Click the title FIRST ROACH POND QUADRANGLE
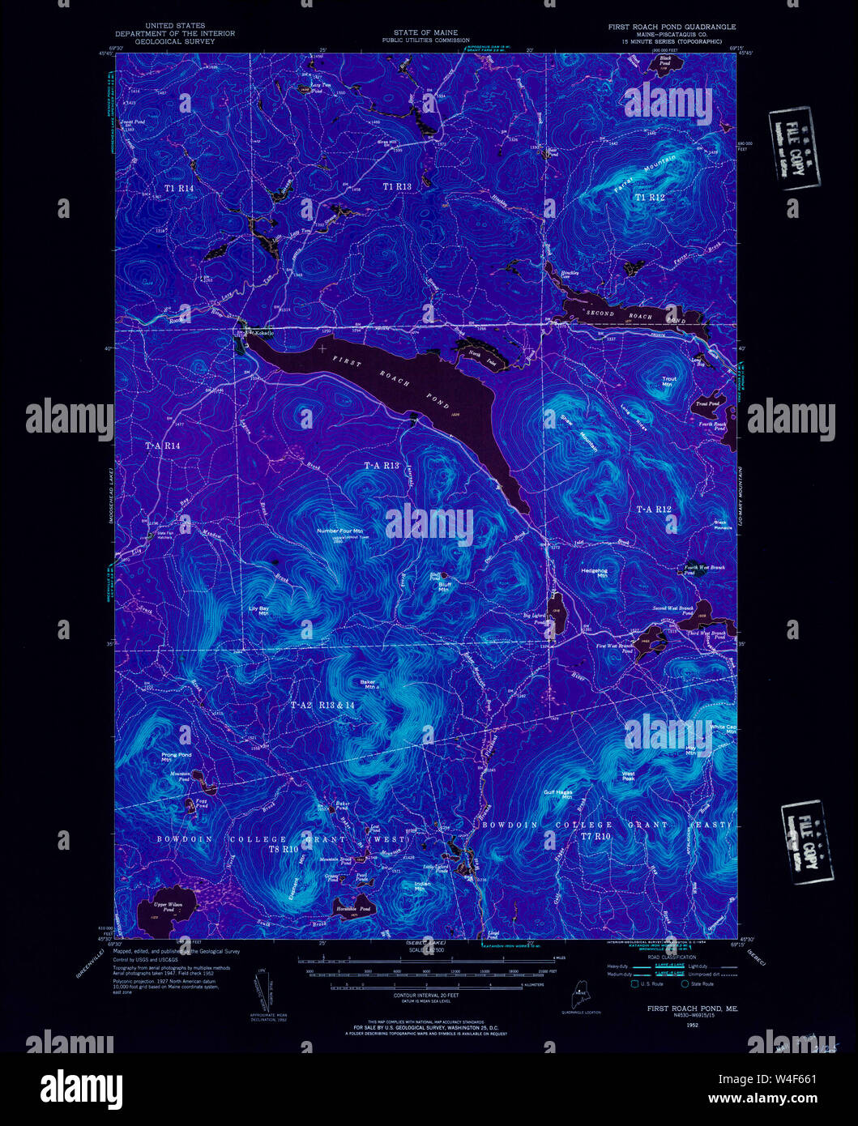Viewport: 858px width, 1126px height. tap(672, 27)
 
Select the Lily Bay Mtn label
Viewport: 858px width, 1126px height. tap(258, 610)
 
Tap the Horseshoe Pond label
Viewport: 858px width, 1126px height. tap(354, 909)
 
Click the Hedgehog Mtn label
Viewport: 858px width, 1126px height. tap(594, 572)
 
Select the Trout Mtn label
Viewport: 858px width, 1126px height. tap(668, 381)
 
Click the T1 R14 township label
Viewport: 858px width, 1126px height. tap(180, 188)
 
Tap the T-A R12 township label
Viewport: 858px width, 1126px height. tap(654, 509)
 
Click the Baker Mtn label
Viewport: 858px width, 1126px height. tap(369, 683)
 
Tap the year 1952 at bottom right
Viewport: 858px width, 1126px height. tap(691, 1025)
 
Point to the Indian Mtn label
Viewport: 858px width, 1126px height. tap(421, 887)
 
